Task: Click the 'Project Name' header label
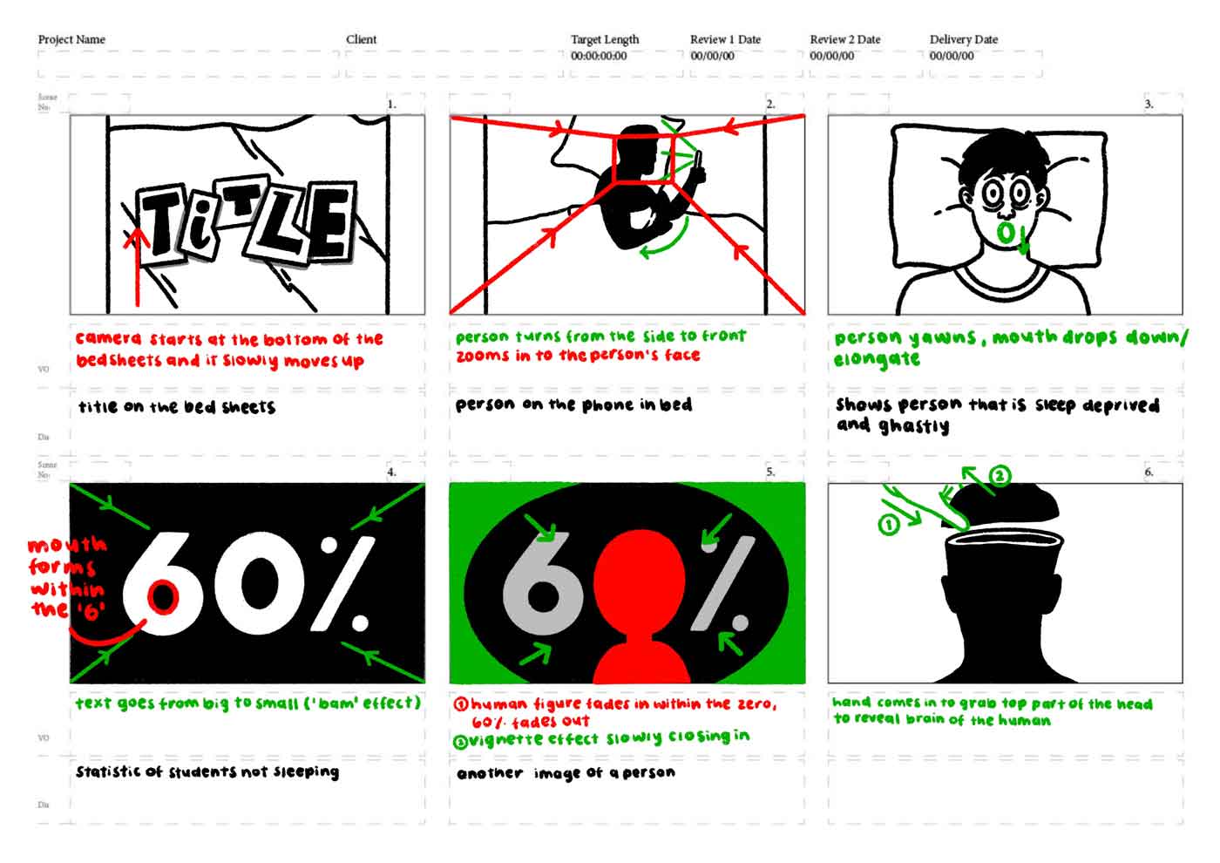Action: (71, 39)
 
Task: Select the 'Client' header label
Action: (361, 39)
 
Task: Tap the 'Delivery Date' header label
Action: (963, 39)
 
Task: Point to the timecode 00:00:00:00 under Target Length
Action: (599, 56)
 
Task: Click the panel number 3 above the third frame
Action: (1149, 104)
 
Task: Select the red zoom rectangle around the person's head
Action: (644, 158)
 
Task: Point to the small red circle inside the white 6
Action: (163, 597)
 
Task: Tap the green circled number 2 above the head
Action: (1000, 476)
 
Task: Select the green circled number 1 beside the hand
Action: (888, 525)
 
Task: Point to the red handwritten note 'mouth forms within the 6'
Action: (67, 576)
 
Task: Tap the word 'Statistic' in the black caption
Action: (108, 771)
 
